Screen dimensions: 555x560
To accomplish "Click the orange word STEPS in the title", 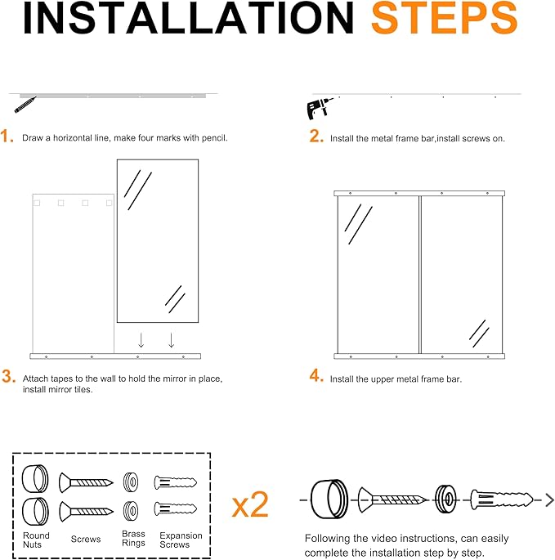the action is pyautogui.click(x=445, y=18).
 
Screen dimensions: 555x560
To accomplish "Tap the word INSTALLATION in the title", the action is pyautogui.click(x=188, y=18).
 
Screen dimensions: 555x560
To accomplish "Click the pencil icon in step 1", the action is pyautogui.click(x=25, y=105).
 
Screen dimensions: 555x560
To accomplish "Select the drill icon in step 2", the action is pyautogui.click(x=319, y=108).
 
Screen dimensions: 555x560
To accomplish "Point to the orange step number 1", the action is pyautogui.click(x=7, y=137).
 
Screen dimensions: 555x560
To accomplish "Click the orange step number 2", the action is pyautogui.click(x=316, y=136).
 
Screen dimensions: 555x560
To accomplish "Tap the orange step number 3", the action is pyautogui.click(x=8, y=376).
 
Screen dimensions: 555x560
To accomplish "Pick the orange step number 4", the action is pyautogui.click(x=316, y=376).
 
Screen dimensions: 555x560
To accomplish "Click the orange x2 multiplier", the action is pyautogui.click(x=250, y=504).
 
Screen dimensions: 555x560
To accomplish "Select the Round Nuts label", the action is pyautogui.click(x=36, y=540).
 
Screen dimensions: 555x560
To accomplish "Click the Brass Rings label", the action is pyautogui.click(x=133, y=538).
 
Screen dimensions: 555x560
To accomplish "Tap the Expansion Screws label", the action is pyautogui.click(x=181, y=540).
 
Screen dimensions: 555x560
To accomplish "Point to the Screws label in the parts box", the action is pyautogui.click(x=86, y=539).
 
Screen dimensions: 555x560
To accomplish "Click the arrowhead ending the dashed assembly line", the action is pyautogui.click(x=550, y=500).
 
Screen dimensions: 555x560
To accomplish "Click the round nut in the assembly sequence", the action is pyautogui.click(x=329, y=499).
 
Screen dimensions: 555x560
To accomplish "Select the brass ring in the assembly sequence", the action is pyautogui.click(x=445, y=499).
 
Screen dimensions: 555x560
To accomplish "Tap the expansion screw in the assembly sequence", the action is pyautogui.click(x=501, y=500).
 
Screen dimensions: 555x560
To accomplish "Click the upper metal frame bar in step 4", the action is pyautogui.click(x=419, y=193).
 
